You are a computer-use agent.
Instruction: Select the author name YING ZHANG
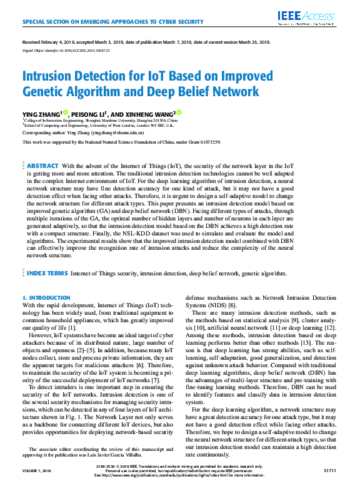click(41, 113)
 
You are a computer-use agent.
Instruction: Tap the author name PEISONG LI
click(88, 113)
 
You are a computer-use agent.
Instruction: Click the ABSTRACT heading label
click(43, 165)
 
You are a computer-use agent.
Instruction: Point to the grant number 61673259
click(209, 142)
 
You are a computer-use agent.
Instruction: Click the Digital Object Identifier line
click(61, 49)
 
